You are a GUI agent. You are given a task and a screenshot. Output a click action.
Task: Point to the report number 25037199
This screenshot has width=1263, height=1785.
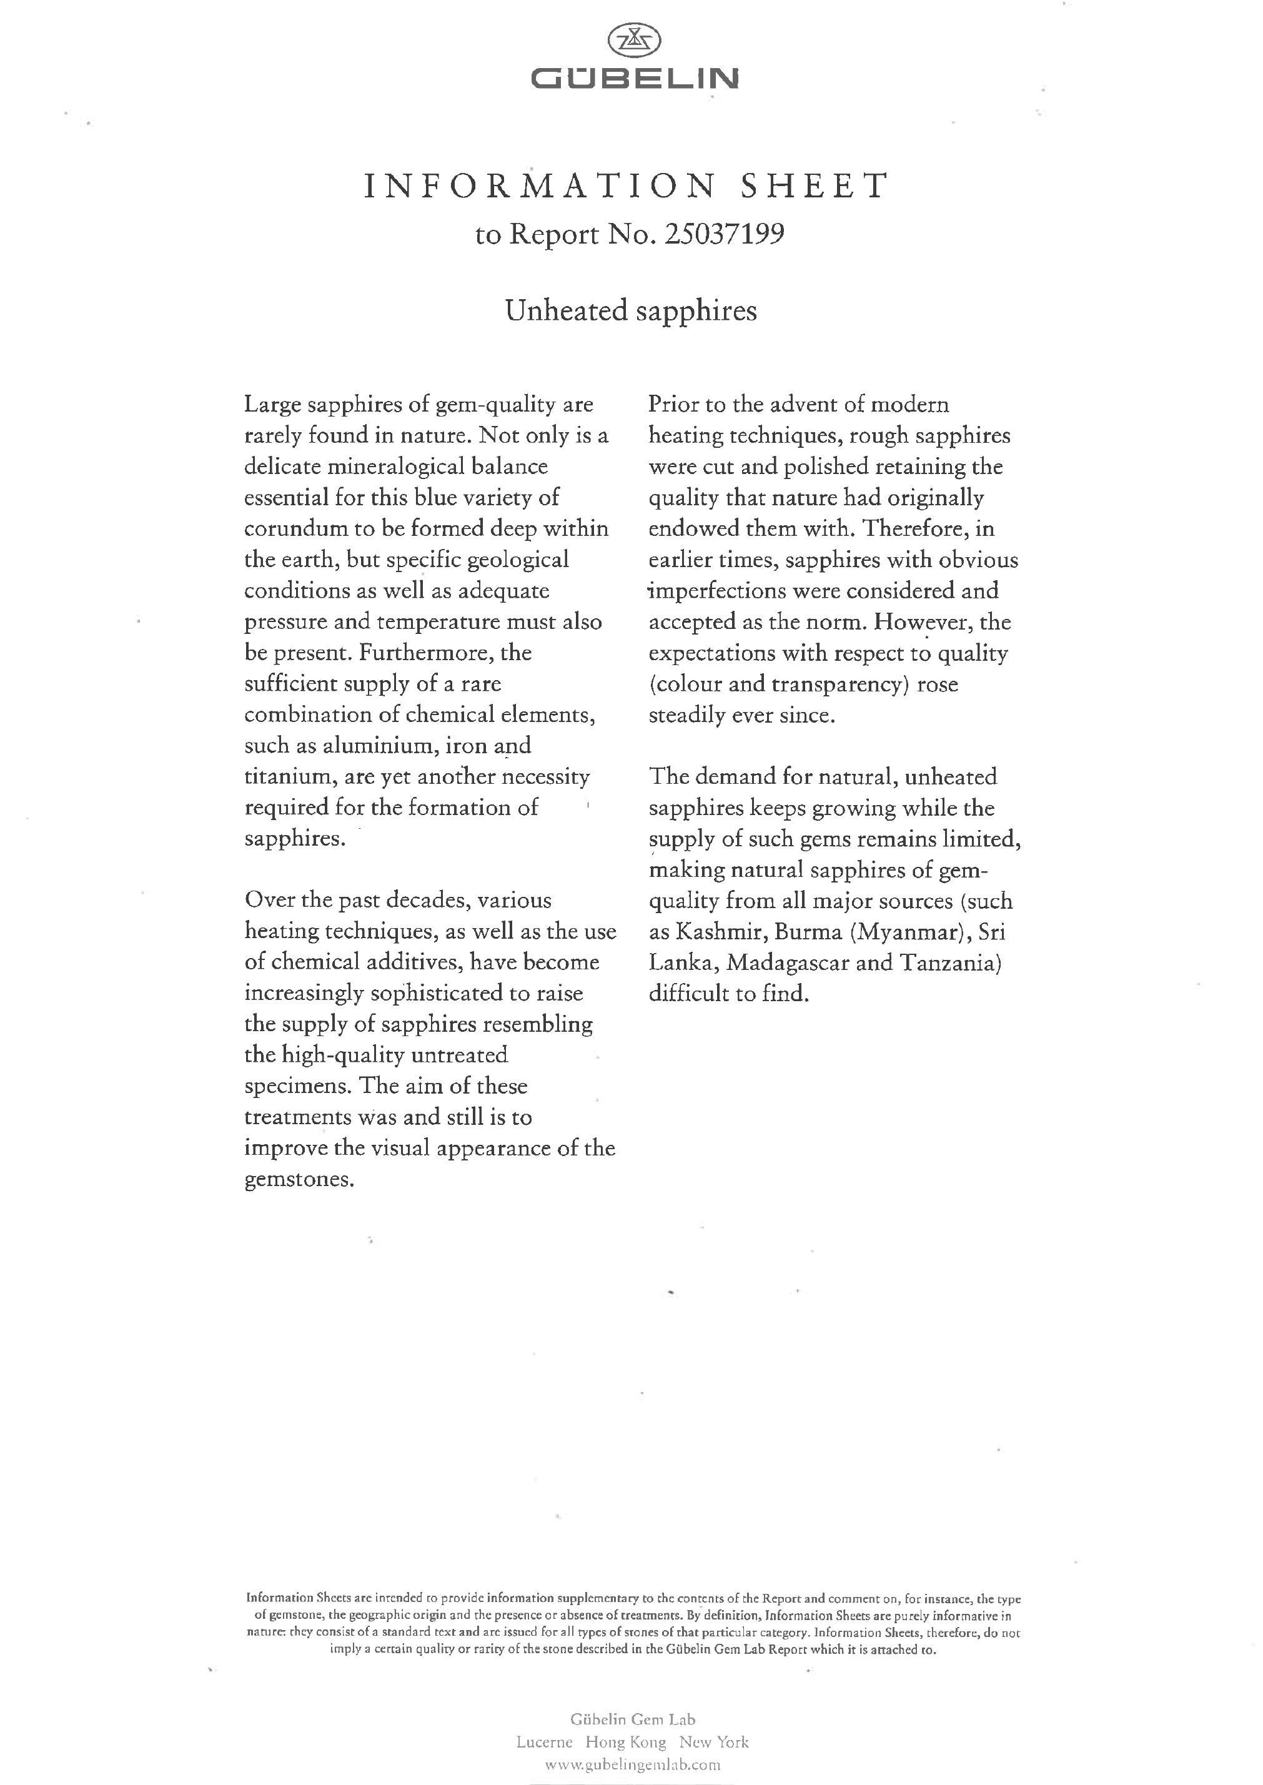tap(724, 234)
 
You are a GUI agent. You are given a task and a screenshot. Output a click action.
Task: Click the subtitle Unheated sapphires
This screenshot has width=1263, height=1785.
tap(631, 311)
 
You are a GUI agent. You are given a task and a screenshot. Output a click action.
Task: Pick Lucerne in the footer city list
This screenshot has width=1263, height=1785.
tap(545, 1743)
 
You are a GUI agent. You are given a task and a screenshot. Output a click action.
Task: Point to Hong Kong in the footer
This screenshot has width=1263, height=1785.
tap(625, 1743)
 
